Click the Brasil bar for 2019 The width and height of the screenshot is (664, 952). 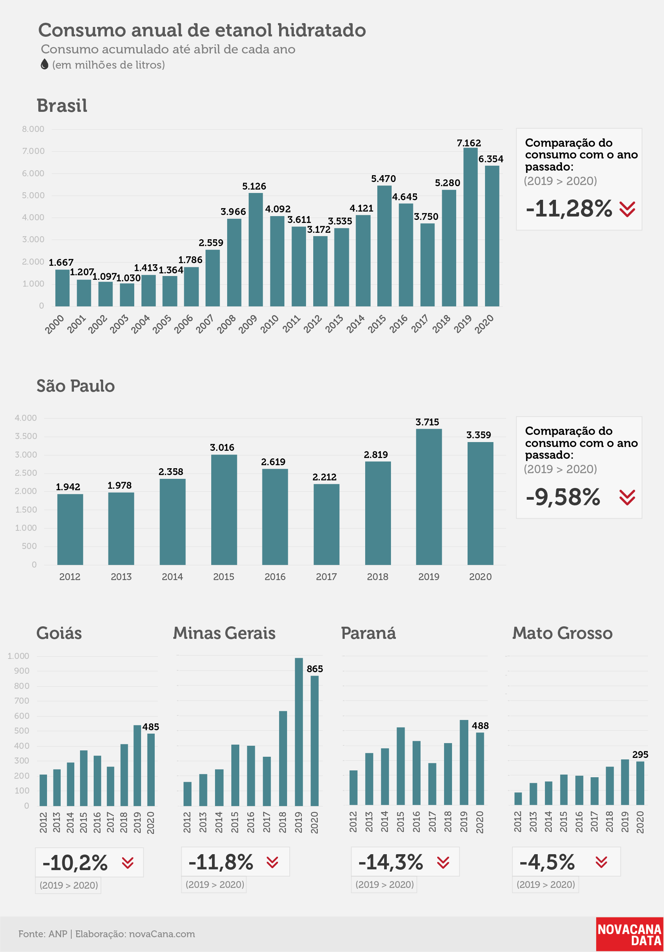(470, 227)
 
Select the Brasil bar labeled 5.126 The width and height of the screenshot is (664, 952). (256, 249)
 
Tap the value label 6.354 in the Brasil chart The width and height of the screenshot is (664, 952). (491, 159)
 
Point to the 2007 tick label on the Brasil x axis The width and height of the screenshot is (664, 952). (204, 324)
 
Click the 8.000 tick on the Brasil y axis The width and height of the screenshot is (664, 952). (33, 129)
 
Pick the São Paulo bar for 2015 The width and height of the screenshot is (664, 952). (224, 510)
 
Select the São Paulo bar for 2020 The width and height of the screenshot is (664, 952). (480, 503)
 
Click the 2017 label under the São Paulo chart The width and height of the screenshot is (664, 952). (327, 577)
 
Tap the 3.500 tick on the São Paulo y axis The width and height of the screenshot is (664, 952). (26, 436)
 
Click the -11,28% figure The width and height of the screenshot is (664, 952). (568, 208)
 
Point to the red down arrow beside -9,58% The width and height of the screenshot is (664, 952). (627, 497)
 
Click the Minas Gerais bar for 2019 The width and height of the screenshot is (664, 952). (298, 732)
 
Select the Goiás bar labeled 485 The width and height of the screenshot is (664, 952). (151, 770)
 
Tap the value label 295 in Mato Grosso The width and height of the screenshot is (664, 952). (640, 754)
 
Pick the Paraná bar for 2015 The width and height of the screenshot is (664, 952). (401, 766)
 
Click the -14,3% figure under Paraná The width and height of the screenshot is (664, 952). (391, 863)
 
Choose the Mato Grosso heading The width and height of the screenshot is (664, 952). (562, 633)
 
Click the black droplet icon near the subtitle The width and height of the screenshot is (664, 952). (44, 64)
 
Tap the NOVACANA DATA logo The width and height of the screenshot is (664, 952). (629, 935)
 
